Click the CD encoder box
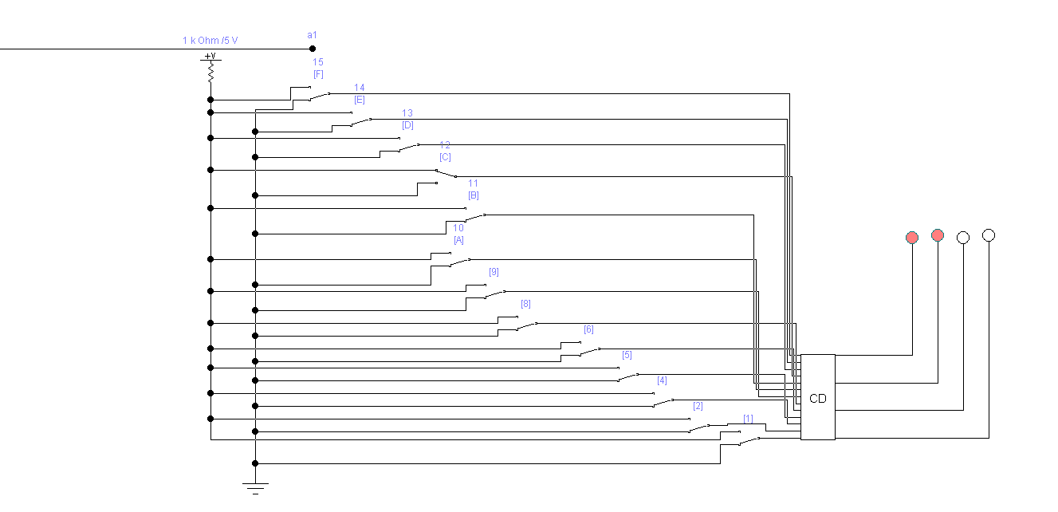point(818,397)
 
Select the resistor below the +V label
point(210,73)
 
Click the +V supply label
point(210,57)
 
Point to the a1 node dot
point(313,49)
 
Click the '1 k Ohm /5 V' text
point(210,40)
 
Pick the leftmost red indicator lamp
point(912,238)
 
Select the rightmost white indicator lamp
point(989,235)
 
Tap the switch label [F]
point(318,74)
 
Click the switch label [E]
point(360,100)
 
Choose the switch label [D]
point(407,125)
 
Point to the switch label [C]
point(445,157)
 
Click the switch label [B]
point(474,195)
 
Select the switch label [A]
point(458,240)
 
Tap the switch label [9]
point(494,272)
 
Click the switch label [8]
point(525,304)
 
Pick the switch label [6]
point(588,329)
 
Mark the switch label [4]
point(662,380)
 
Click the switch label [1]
point(748,419)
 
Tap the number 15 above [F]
point(318,62)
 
